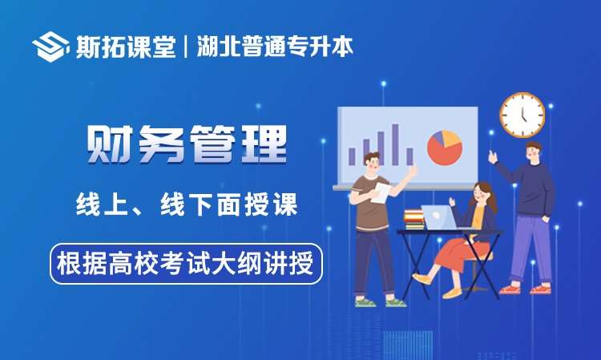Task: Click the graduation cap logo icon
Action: click(x=50, y=47)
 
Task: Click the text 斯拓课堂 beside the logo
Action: click(x=126, y=47)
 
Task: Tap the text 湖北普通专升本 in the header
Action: click(x=275, y=47)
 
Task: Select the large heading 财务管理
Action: click(x=187, y=144)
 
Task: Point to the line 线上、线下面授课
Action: click(x=187, y=204)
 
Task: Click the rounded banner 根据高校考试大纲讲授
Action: click(x=186, y=264)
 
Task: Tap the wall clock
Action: click(x=522, y=115)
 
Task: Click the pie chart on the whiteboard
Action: click(x=445, y=148)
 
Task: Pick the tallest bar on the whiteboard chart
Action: click(x=395, y=144)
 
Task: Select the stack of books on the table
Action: click(x=414, y=220)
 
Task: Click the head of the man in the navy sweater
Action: click(x=534, y=152)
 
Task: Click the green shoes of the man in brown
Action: click(x=380, y=302)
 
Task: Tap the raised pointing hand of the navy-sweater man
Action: click(x=493, y=156)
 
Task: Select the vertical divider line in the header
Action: click(x=186, y=47)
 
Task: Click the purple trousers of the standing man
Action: click(x=530, y=249)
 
